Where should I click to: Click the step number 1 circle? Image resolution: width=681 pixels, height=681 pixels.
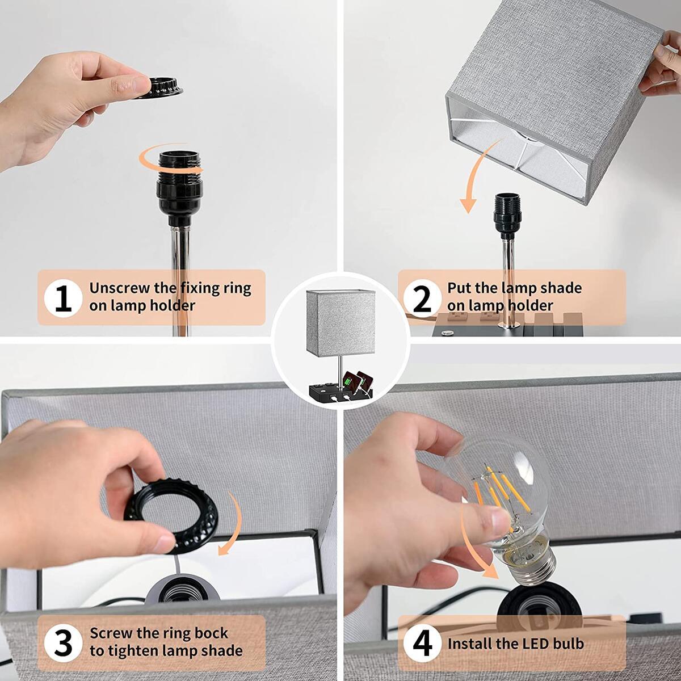[63, 297]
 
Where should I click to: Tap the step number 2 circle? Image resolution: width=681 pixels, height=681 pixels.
[422, 297]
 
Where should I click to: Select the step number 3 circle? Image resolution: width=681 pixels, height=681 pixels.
[63, 642]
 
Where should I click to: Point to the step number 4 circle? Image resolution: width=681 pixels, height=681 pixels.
[422, 644]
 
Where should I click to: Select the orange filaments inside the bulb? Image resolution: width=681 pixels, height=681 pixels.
[499, 488]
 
